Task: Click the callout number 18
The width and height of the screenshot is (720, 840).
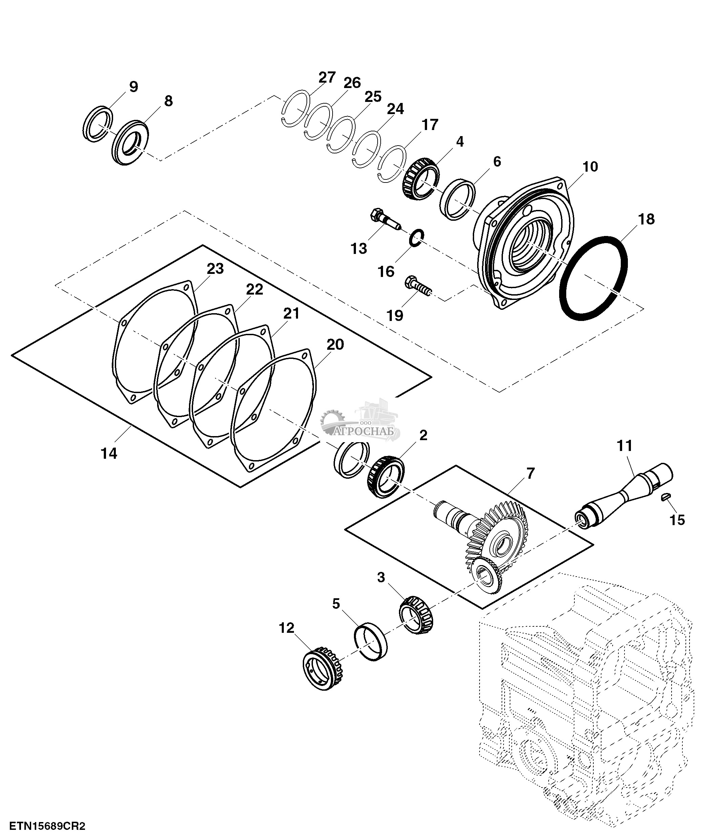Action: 646,219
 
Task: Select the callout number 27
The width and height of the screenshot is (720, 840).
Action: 327,78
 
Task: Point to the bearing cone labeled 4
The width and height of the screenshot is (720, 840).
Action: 420,180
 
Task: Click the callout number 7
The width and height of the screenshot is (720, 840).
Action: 531,473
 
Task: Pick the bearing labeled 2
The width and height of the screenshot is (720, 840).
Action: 385,477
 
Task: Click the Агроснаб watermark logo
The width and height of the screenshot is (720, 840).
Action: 360,422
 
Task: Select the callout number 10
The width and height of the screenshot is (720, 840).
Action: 590,167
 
